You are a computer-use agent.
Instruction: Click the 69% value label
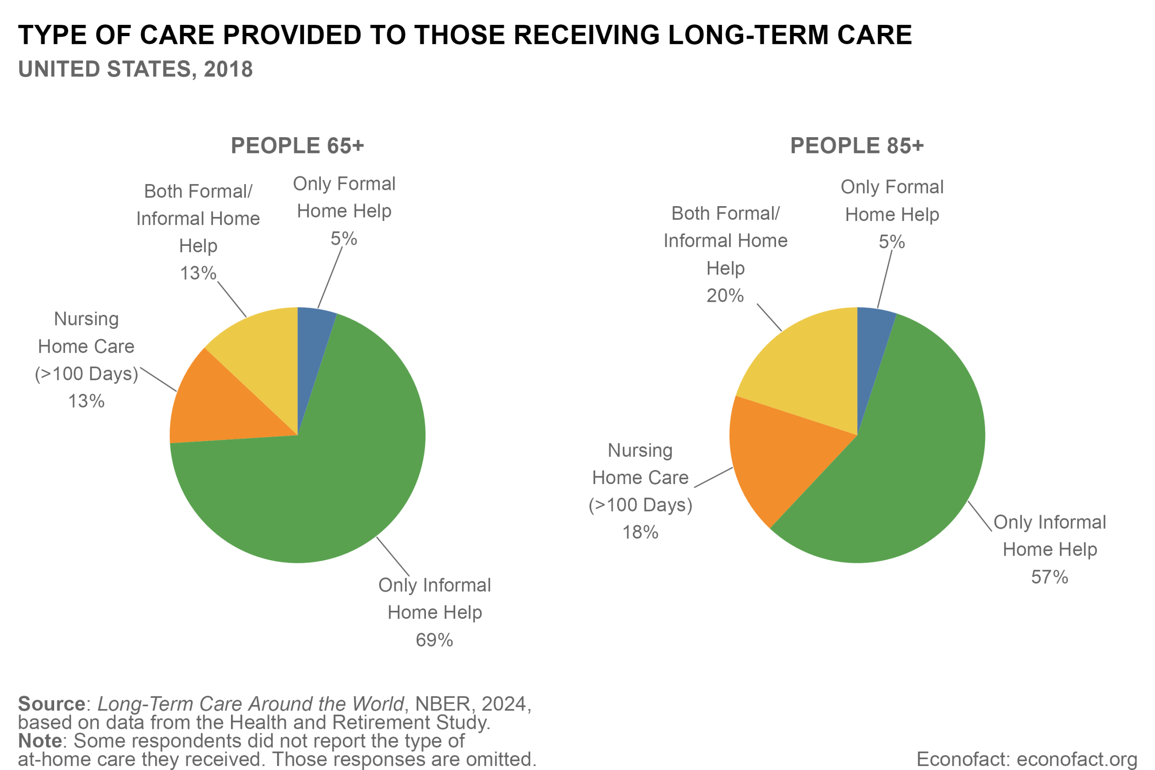click(x=434, y=641)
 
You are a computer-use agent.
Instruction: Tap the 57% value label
click(x=1049, y=577)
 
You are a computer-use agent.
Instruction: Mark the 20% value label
click(x=725, y=296)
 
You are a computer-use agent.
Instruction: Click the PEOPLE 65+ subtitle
click(x=297, y=146)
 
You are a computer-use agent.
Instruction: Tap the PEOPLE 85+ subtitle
click(x=857, y=146)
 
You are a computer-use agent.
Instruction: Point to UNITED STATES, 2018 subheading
click(x=135, y=69)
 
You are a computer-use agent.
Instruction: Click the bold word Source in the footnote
click(x=51, y=704)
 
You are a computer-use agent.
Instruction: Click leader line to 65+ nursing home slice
click(x=158, y=379)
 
